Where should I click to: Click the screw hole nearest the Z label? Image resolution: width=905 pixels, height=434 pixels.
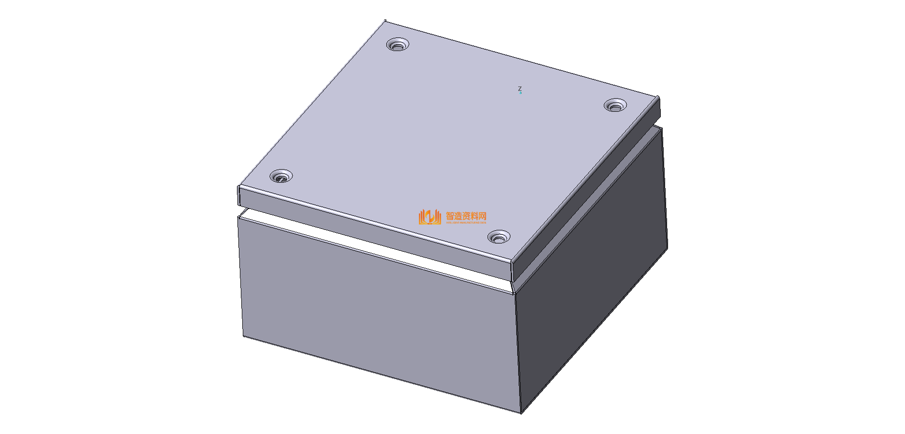coord(615,105)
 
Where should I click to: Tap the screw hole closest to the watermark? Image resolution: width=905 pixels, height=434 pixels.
coord(498,238)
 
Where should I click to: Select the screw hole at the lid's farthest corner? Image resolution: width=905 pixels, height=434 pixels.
coord(398,46)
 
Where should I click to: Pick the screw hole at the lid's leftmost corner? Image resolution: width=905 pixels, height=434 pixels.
coord(281,176)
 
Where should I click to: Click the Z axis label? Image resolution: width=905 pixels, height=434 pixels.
coord(520,89)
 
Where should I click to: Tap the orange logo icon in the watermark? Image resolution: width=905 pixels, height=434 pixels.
coord(429,217)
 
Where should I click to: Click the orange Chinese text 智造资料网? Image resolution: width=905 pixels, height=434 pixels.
coord(466,216)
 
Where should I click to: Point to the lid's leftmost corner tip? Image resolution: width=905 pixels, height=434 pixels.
coord(238,187)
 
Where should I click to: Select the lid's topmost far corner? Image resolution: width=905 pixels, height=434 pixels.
coord(385,20)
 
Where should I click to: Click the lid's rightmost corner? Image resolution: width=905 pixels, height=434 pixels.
coord(659,97)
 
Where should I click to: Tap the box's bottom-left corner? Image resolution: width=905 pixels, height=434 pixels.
coord(243,336)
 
